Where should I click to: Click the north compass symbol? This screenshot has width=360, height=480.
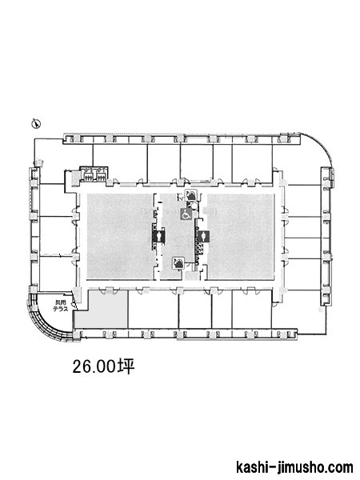pos(36,123)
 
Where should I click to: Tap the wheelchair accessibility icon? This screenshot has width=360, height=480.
pos(186,214)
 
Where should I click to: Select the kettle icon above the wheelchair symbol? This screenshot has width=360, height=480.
pos(191,194)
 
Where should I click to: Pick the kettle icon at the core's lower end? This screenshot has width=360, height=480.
pos(178,263)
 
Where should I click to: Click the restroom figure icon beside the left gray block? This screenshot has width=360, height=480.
pos(159,236)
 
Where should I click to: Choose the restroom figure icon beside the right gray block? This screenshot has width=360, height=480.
pos(202,236)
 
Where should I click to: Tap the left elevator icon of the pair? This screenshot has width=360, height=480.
pos(88,176)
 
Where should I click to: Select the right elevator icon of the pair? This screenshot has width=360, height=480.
pos(100,176)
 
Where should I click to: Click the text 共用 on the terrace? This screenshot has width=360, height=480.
pos(60,302)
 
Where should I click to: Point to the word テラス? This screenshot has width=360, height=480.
pos(60,309)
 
